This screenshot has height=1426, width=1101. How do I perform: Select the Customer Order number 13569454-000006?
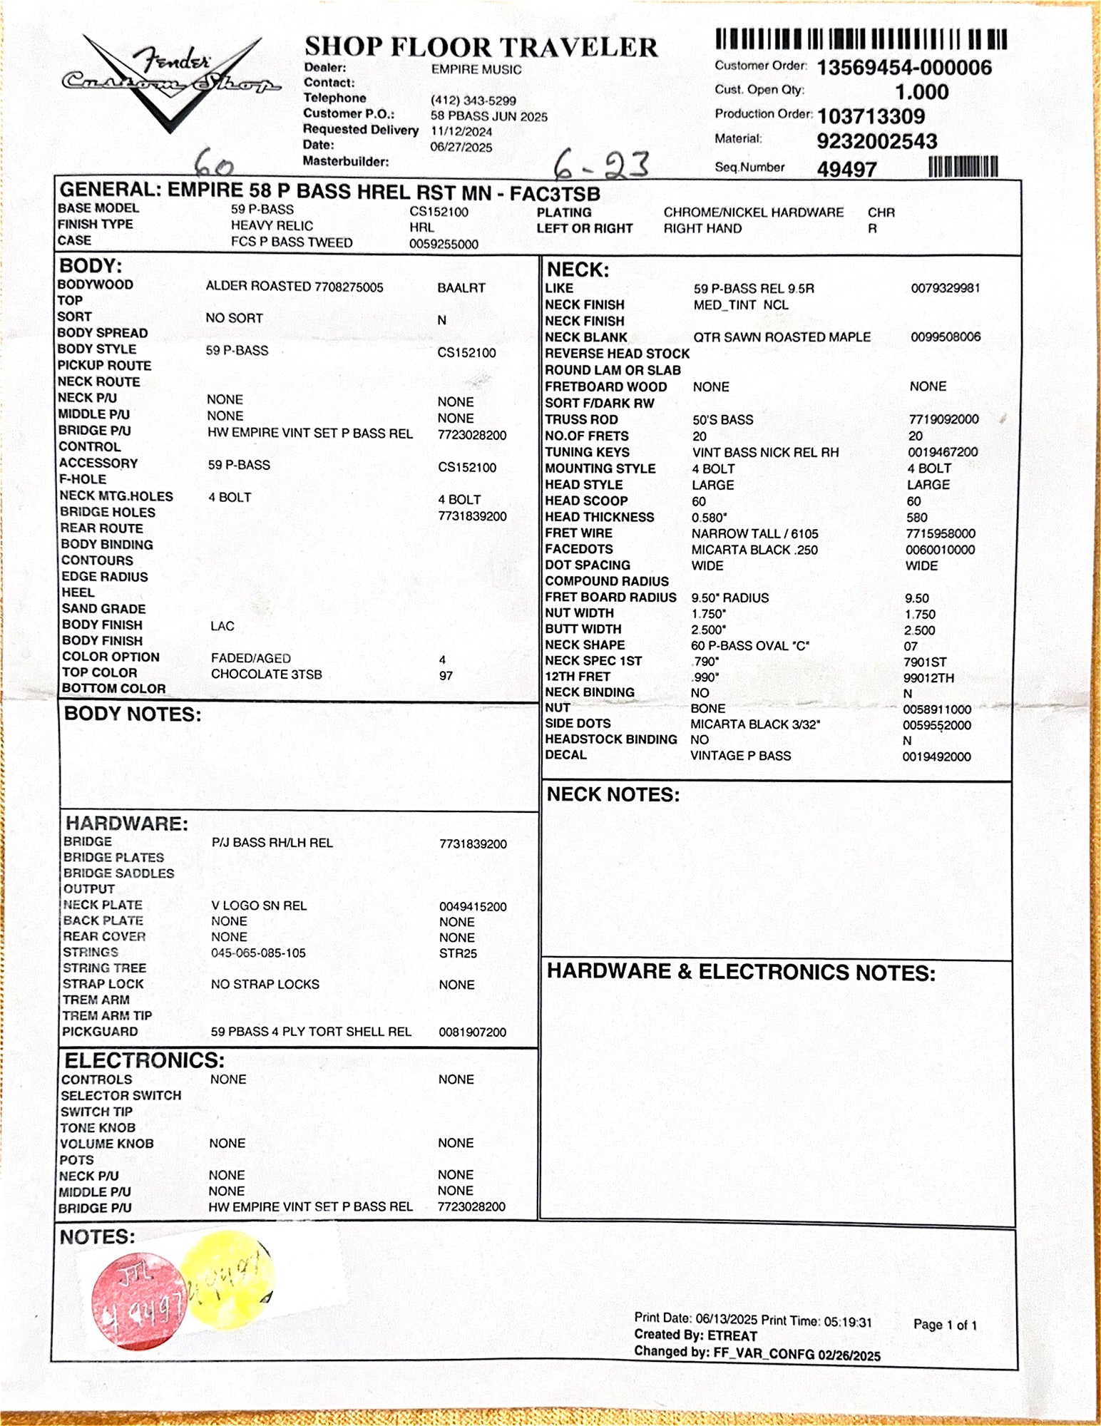(x=903, y=68)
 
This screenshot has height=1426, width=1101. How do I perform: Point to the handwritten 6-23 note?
(x=601, y=165)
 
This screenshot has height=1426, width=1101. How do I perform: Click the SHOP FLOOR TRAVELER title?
(x=481, y=48)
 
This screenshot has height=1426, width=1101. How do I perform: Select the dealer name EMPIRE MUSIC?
(x=476, y=70)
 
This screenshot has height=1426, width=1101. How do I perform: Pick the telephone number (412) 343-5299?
(x=473, y=101)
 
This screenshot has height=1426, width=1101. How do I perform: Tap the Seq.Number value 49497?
(x=846, y=170)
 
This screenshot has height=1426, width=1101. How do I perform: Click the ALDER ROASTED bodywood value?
(x=294, y=287)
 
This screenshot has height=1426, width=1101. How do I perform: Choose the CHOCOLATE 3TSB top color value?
(x=266, y=674)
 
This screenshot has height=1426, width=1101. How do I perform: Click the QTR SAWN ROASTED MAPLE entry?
(x=782, y=337)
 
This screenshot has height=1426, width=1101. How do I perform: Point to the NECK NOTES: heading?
(x=613, y=795)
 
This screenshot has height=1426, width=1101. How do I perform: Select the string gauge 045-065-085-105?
(x=258, y=953)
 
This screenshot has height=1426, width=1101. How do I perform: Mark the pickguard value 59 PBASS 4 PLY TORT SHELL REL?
(x=311, y=1032)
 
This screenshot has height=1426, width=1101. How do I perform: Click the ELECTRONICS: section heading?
(x=145, y=1060)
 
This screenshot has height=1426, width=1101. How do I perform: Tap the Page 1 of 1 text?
(x=945, y=1325)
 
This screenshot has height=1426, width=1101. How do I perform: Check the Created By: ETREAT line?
(x=695, y=1335)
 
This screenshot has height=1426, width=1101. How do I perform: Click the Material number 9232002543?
(x=876, y=141)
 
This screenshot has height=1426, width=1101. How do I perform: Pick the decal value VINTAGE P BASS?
(x=740, y=756)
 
